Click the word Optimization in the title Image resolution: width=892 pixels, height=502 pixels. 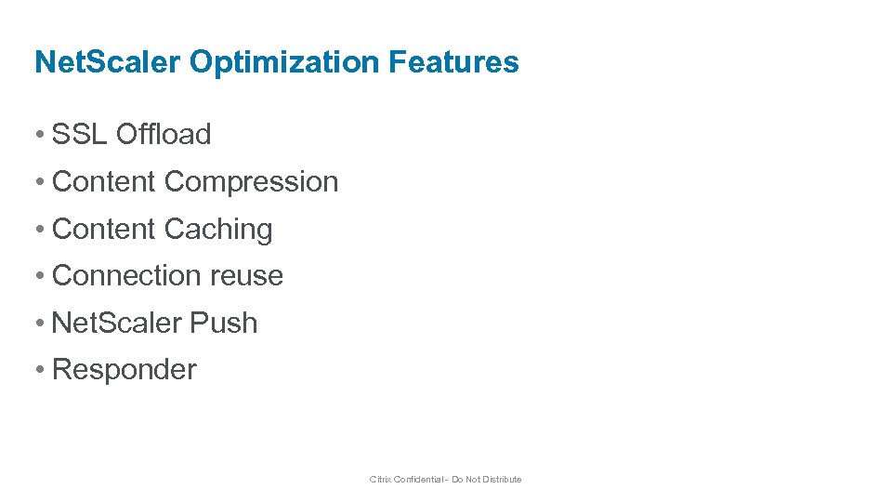pos(285,62)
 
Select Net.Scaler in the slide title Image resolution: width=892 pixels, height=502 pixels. pos(108,62)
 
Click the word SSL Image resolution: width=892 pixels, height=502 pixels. pos(80,134)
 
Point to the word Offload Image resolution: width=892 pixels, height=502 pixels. pos(164,134)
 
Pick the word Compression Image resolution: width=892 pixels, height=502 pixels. pos(251,181)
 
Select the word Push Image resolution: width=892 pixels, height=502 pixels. pos(223,323)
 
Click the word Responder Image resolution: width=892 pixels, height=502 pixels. pos(125,369)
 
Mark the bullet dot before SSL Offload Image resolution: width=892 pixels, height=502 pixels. pos(39,135)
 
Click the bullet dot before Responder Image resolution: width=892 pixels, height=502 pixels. pos(39,370)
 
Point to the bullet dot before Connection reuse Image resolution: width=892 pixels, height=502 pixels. pos(39,276)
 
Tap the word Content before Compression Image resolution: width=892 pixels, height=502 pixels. pos(104,181)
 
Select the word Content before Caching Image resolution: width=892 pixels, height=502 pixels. pos(104,229)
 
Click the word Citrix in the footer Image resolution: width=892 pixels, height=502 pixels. pos(380,480)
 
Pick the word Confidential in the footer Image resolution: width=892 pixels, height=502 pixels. pos(418,480)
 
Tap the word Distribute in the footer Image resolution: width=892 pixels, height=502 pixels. pos(501,480)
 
